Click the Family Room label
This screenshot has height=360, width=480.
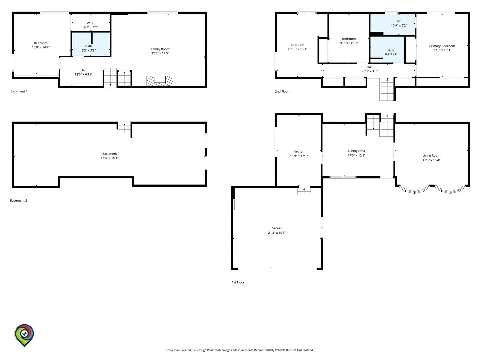[160, 49]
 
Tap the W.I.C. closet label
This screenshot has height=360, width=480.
[91, 23]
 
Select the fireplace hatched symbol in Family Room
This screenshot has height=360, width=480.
[160, 80]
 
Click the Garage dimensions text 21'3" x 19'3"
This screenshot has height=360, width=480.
[277, 233]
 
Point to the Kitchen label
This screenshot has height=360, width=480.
[298, 151]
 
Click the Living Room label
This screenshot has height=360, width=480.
[431, 155]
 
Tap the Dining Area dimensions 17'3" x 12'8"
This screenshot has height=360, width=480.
[356, 155]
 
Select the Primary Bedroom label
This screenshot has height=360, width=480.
[442, 46]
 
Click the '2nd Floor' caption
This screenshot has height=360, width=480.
[282, 91]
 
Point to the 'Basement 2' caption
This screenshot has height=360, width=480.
[19, 200]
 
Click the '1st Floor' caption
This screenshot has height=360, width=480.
[238, 282]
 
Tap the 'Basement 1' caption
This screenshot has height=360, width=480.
[19, 91]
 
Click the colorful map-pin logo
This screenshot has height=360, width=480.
[24, 335]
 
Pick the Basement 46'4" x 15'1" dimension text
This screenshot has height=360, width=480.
[109, 158]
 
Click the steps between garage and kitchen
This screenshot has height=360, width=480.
[304, 191]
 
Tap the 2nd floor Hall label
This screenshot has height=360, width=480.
[369, 67]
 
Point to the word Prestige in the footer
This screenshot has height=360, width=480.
[201, 350]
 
